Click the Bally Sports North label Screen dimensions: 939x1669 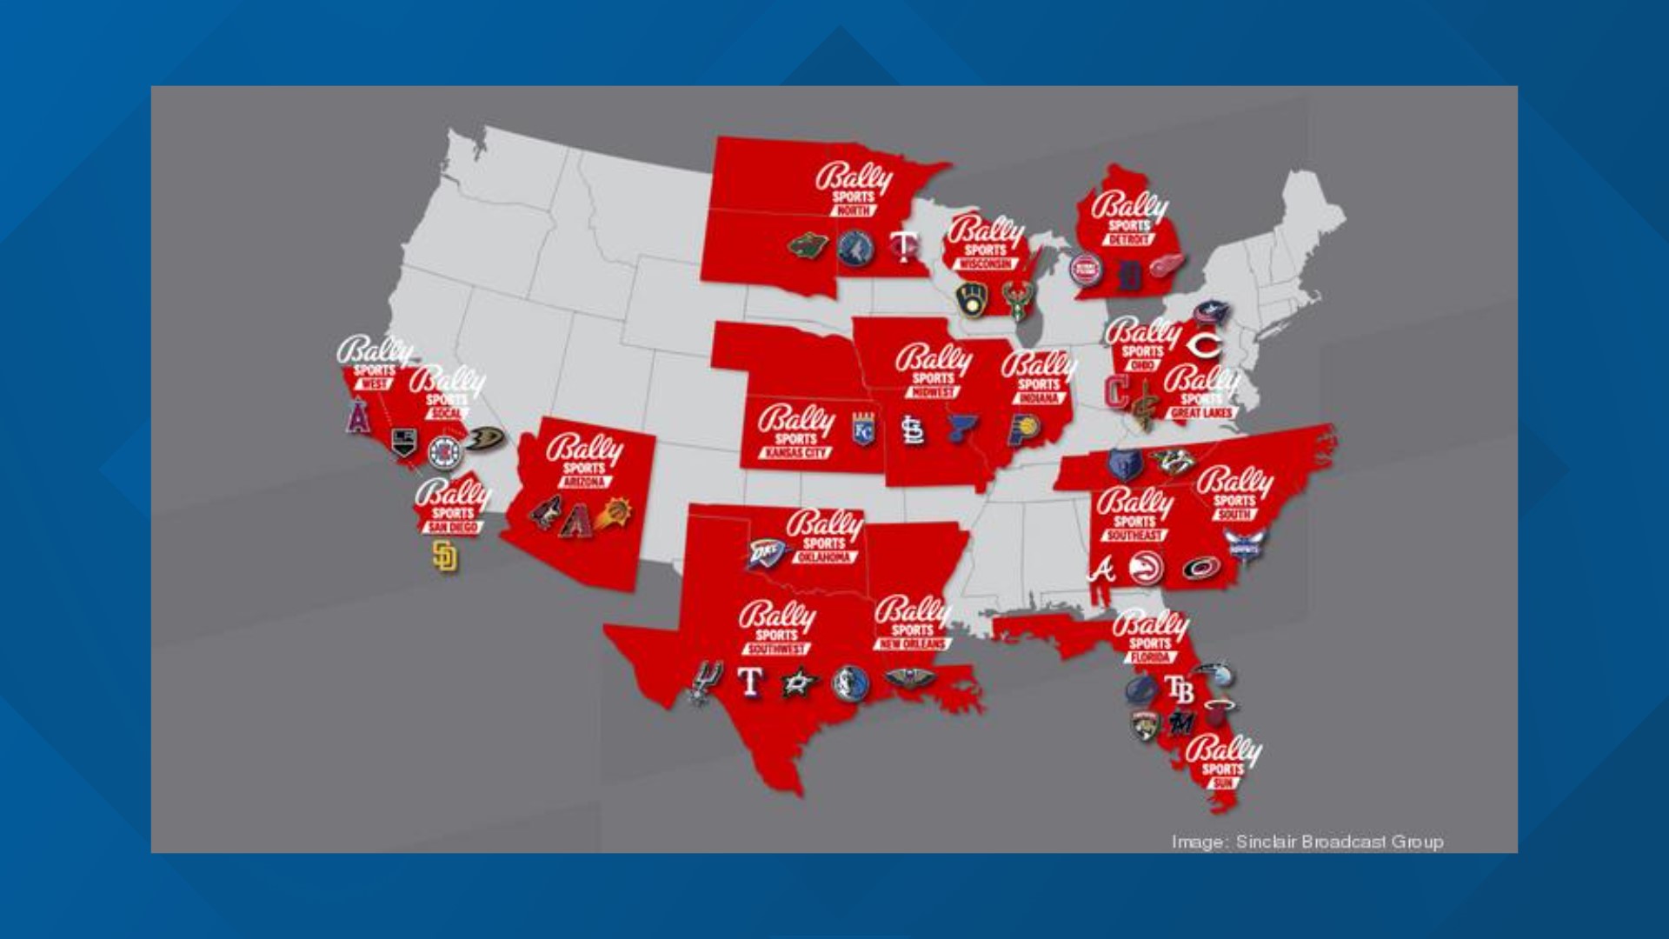pos(853,189)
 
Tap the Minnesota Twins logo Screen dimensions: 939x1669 pos(904,248)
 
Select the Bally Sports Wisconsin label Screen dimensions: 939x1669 pos(986,243)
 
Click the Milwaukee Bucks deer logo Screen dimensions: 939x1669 pos(1015,301)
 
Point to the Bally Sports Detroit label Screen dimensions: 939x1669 pos(1129,217)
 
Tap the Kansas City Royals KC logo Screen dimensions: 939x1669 pos(863,430)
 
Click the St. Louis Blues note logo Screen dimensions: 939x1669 pos(960,428)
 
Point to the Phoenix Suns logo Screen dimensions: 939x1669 pos(615,513)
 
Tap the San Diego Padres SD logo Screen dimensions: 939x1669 pos(444,556)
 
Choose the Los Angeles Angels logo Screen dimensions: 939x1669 pos(358,416)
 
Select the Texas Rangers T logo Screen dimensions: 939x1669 pos(749,683)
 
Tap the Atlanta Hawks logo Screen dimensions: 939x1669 pos(1147,569)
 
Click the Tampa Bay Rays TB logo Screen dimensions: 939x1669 pos(1180,690)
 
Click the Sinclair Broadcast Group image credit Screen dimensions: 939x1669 pos(1307,842)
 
